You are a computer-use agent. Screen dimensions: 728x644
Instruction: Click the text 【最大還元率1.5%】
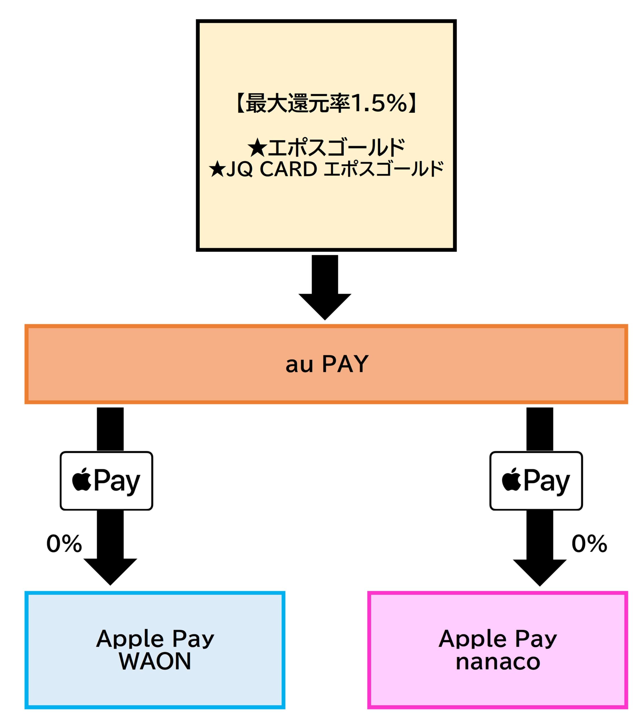pyautogui.click(x=326, y=104)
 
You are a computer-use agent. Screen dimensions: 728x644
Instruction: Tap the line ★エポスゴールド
pyautogui.click(x=326, y=148)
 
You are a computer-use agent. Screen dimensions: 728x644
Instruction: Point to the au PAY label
pyautogui.click(x=327, y=364)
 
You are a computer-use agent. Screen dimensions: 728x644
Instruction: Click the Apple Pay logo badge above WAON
pyautogui.click(x=106, y=481)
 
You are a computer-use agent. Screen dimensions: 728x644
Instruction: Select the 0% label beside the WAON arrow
pyautogui.click(x=64, y=544)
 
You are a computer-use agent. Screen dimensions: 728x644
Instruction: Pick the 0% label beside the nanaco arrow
pyautogui.click(x=589, y=544)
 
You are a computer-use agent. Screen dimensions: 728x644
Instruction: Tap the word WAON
pyautogui.click(x=155, y=661)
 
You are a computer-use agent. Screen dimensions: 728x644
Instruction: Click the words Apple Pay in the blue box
pyautogui.click(x=155, y=639)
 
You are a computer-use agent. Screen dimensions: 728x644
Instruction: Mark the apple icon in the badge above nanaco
pyautogui.click(x=511, y=480)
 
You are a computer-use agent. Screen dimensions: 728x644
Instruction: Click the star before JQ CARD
pyautogui.click(x=217, y=169)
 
